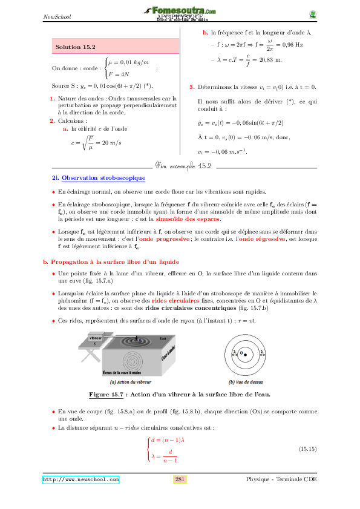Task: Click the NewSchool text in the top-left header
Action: click(x=57, y=16)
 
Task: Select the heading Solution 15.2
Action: click(x=75, y=46)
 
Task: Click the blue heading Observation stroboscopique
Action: click(x=103, y=178)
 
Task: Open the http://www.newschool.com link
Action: click(x=80, y=479)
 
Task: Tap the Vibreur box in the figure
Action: click(x=96, y=337)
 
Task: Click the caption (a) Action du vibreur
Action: click(x=131, y=382)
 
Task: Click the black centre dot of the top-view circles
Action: click(x=246, y=353)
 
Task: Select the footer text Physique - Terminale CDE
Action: click(x=281, y=479)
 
